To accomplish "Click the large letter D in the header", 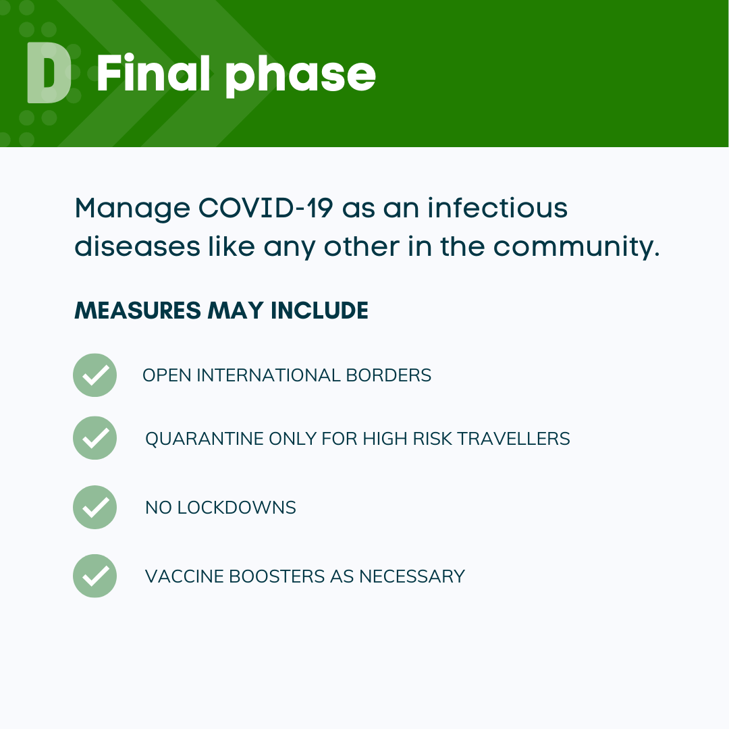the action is pos(49,72).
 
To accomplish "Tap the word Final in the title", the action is pos(154,73).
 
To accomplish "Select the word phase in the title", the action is pos(300,76).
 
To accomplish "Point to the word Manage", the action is pos(132,209).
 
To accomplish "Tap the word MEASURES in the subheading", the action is pos(138,310).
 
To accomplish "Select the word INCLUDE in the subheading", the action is pos(319,310).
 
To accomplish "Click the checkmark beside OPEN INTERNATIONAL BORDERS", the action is pos(95,375).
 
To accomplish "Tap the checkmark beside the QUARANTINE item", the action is pos(95,438).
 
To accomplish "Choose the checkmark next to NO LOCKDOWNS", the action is pos(95,507).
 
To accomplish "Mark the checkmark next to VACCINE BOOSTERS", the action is pos(95,576).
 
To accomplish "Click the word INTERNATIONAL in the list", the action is pos(269,375).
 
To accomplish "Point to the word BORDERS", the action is pos(389,375).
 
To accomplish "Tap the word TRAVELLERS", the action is pos(514,439).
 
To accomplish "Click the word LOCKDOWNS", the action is pos(237,507).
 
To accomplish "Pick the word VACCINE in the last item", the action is pos(184,576).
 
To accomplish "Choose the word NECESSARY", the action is pos(412,576).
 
